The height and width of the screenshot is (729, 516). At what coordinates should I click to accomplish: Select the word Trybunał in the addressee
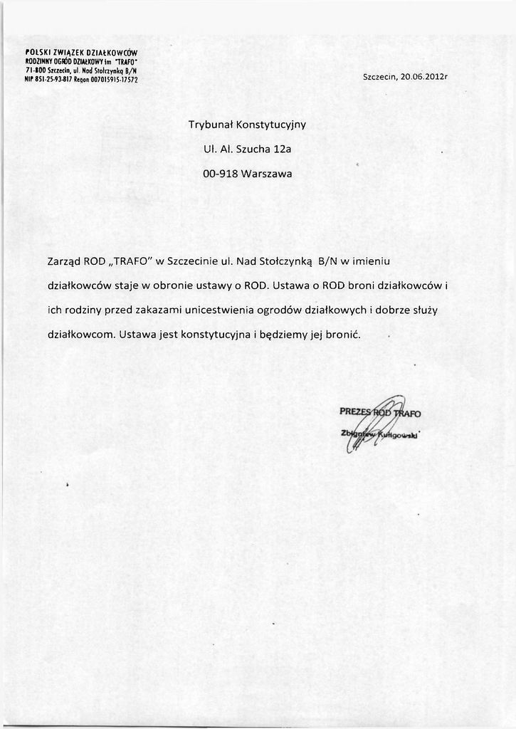210,125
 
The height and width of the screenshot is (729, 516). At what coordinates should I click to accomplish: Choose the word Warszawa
267,173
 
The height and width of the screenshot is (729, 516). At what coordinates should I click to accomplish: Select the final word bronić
345,334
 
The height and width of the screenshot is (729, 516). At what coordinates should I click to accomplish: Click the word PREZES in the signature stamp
356,411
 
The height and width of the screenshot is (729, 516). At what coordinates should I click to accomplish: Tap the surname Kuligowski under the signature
399,434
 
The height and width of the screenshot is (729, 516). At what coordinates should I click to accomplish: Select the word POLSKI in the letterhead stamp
36,52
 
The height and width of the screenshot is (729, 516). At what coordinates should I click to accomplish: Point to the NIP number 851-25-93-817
51,80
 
